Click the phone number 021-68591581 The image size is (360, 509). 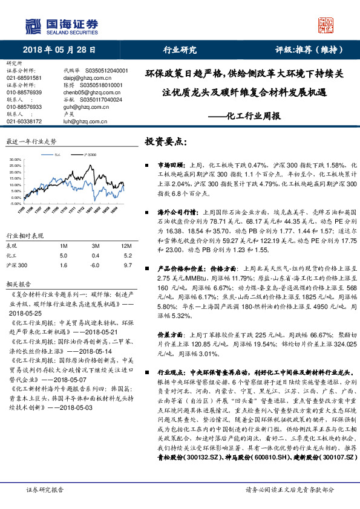(x=24, y=78)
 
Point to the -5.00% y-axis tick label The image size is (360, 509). (x=16, y=204)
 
